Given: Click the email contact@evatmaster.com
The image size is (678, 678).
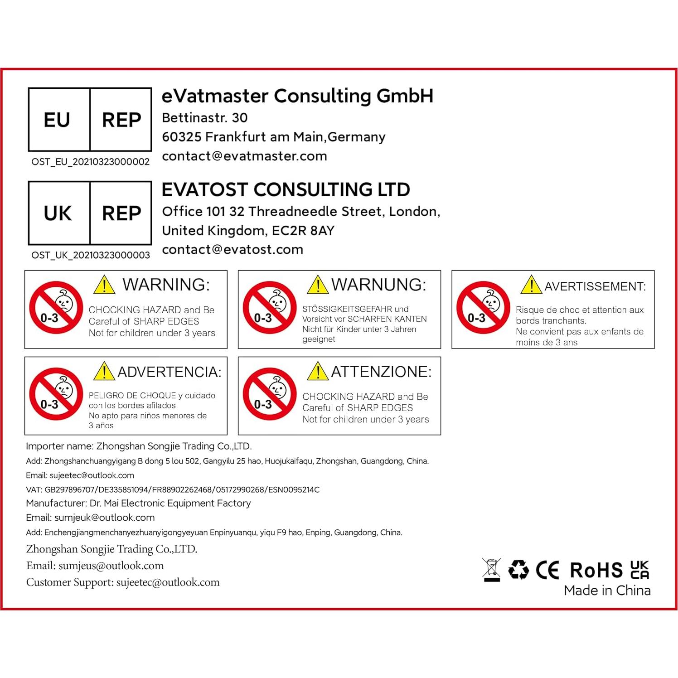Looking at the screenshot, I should click(244, 156).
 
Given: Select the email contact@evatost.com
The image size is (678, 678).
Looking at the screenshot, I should click(232, 249).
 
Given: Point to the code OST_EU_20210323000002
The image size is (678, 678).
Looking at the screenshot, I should click(90, 162).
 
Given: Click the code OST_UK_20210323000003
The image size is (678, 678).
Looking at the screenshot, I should click(90, 255).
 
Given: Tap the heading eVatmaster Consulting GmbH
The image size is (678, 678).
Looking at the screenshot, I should click(297, 96).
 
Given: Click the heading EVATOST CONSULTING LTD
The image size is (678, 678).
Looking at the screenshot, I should click(286, 189).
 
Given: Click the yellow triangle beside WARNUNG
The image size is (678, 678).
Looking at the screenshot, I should click(318, 285).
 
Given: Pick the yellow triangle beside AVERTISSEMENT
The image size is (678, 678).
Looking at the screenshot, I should click(531, 285).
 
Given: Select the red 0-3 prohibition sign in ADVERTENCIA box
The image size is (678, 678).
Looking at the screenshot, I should click(56, 394).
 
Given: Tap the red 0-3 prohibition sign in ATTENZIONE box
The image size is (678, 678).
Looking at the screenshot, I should click(269, 394).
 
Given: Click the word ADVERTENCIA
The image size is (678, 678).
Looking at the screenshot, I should click(169, 372).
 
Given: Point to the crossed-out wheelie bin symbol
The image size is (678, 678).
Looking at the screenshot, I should click(492, 570).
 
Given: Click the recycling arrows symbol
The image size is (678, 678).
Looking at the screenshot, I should click(518, 570).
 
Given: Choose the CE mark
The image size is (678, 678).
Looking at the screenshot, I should click(547, 570).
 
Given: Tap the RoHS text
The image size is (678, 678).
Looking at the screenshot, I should click(596, 570).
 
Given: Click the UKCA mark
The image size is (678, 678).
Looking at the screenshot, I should click(639, 570).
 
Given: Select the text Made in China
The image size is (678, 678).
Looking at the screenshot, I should click(607, 591).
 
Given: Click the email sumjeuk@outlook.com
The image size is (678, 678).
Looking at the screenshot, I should click(104, 518).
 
